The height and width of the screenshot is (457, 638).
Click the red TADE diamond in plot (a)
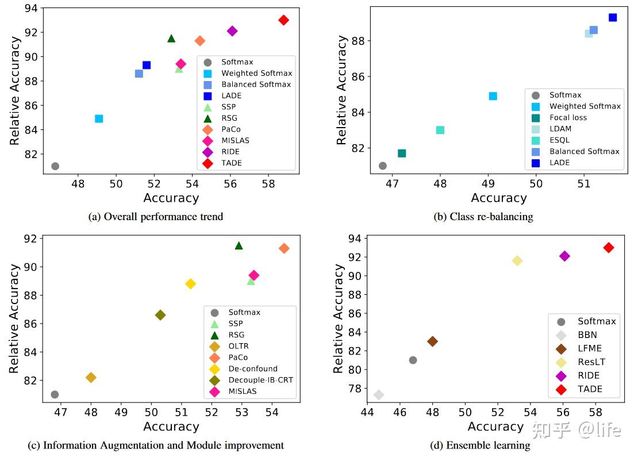click(x=283, y=20)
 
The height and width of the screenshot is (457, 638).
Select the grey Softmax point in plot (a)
click(x=55, y=166)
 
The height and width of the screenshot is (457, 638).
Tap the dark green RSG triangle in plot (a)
click(x=171, y=39)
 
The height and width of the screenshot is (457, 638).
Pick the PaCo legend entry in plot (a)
click(x=232, y=129)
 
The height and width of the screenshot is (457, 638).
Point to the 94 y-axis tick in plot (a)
click(x=32, y=8)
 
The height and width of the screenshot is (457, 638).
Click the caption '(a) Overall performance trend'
click(x=156, y=217)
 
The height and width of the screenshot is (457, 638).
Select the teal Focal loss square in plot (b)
click(x=402, y=153)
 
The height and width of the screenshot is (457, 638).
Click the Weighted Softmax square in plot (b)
click(x=493, y=96)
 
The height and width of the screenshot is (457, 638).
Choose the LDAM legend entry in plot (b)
click(x=560, y=129)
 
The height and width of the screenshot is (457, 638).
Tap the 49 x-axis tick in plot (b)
click(x=488, y=183)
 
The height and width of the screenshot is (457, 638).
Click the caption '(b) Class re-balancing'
click(x=483, y=217)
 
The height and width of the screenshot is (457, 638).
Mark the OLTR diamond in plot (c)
click(x=91, y=378)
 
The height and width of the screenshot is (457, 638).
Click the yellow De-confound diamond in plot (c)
click(x=190, y=284)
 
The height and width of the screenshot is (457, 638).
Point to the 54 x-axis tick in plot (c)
click(x=272, y=413)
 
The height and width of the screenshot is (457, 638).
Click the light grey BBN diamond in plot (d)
click(x=379, y=395)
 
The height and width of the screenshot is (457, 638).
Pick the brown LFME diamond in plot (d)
click(x=432, y=341)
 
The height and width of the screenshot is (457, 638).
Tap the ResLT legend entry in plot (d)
click(x=591, y=362)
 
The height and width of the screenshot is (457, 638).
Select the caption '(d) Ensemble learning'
click(x=480, y=446)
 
